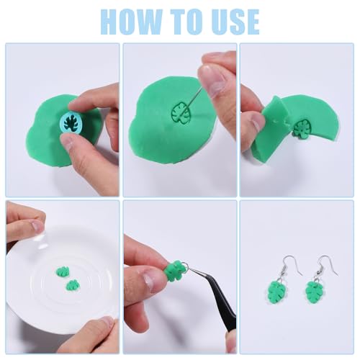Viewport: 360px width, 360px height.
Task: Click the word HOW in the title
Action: tap(131, 22)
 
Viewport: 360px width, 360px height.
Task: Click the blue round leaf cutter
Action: tap(70, 122)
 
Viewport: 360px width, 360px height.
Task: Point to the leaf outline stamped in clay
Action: tap(181, 114)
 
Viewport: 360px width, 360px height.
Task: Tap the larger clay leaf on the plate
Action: tap(63, 271)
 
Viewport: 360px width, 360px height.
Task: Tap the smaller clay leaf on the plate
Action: tap(72, 284)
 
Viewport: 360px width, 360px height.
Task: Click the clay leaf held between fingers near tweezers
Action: tap(174, 271)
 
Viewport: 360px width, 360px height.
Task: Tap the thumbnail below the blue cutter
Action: tap(68, 143)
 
